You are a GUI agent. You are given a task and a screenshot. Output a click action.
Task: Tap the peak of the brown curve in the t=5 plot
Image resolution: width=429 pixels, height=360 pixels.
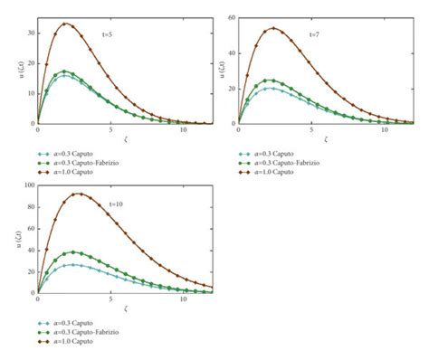point(65,24)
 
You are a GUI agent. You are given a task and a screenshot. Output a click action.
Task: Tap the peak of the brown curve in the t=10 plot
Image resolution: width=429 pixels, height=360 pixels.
point(79,193)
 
